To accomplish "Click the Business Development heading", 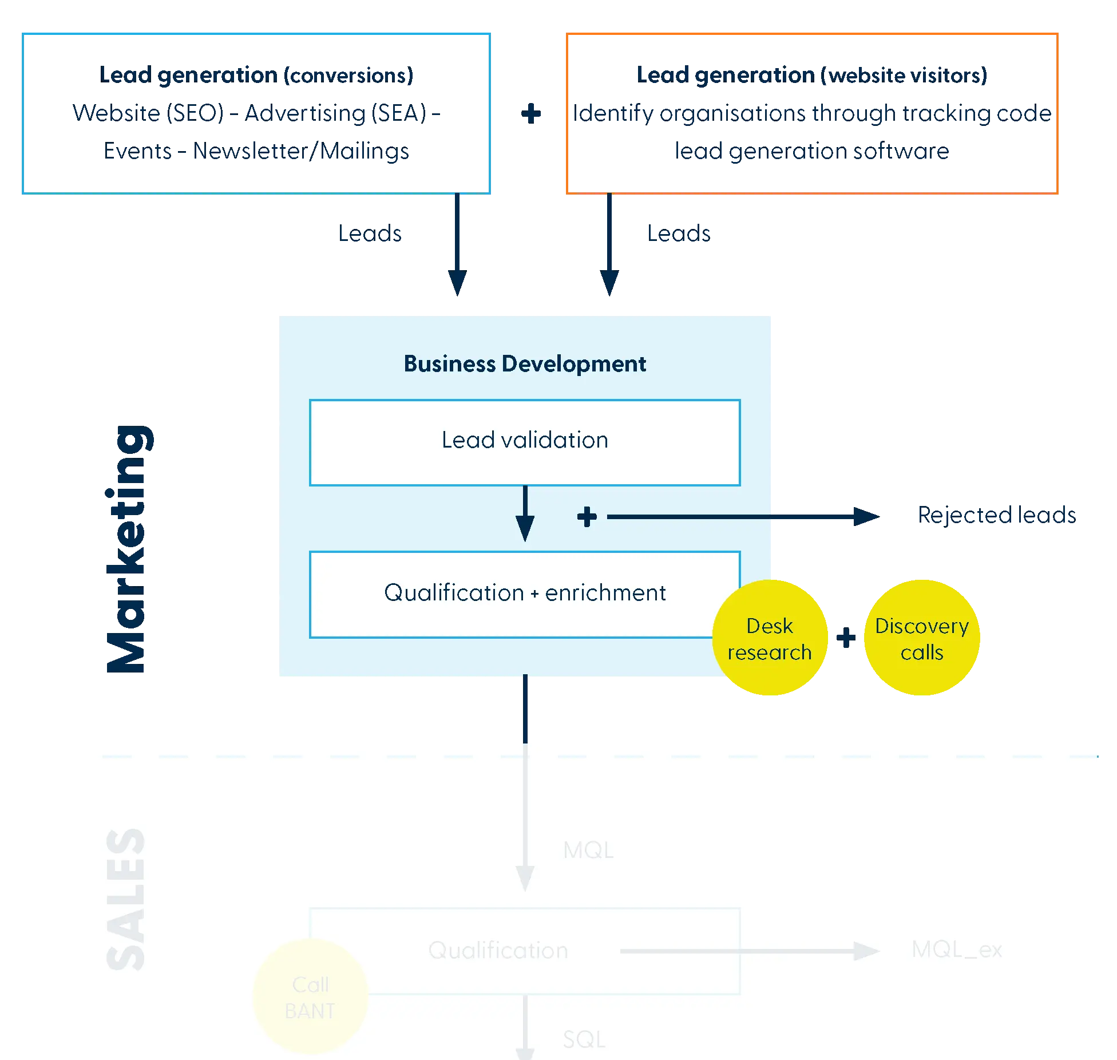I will coord(525,364).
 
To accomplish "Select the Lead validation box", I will coord(525,442).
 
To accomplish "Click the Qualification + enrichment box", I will coord(525,594).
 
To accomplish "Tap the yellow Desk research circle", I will coord(770,638).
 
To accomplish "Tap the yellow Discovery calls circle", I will coord(922,638).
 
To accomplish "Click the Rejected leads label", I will coord(995,516).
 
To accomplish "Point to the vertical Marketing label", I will coord(127,549).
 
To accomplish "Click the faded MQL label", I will coord(588,851).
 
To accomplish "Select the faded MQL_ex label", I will coord(957,950).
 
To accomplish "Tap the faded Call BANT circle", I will coord(310,998).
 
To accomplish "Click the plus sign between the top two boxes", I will coord(531,113).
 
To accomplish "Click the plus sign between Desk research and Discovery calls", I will coord(845,638).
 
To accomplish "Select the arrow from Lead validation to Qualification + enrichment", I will coord(525,513).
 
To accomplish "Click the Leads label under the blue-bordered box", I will coord(370,234).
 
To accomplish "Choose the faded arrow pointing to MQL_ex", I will coord(750,951).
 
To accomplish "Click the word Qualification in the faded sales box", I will coord(498,951).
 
